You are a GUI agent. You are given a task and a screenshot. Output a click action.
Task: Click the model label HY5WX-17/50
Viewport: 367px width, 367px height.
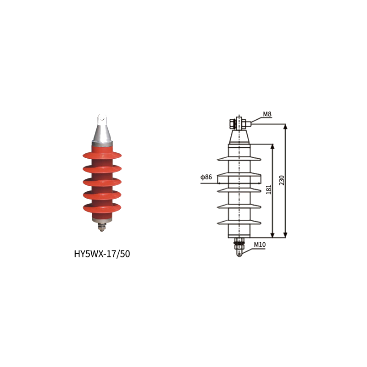click(102, 254)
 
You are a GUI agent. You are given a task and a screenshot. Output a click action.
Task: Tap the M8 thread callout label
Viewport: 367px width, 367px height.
click(267, 114)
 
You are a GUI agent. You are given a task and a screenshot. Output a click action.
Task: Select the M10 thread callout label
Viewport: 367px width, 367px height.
click(260, 245)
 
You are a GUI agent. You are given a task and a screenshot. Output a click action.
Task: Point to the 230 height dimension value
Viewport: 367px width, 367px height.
click(282, 180)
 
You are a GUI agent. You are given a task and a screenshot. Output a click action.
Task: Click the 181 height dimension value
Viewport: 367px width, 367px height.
click(269, 189)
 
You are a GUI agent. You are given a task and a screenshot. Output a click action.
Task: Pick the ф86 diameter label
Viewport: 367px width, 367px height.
click(206, 177)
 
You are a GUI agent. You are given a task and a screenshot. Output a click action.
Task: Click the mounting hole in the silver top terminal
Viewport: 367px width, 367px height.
click(102, 118)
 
